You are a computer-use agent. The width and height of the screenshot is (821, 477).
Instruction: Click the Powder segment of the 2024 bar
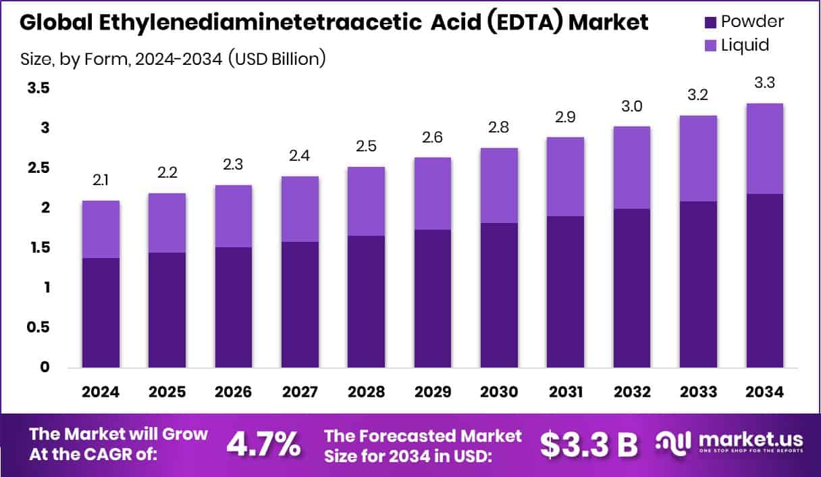coord(101,312)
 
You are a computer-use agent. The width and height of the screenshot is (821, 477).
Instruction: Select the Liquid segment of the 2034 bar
coord(764,149)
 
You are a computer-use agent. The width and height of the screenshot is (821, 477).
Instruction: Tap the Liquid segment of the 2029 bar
coord(433,193)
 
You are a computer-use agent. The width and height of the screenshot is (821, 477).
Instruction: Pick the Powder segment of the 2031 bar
coord(565,292)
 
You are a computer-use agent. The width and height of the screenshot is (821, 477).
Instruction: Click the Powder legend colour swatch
coord(710,22)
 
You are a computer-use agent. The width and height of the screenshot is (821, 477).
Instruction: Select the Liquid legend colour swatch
coord(710,45)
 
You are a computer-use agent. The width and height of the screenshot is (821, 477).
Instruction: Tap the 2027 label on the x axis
coord(300,393)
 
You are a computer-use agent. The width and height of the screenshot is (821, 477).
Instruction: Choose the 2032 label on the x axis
coord(631,393)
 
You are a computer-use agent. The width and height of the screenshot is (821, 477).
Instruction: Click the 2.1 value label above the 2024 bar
coord(101,180)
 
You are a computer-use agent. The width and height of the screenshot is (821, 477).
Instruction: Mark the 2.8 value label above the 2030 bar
coord(499,128)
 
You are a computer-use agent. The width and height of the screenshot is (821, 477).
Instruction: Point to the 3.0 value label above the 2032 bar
coord(631,106)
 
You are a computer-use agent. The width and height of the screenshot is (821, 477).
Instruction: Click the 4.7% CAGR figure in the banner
coord(263,444)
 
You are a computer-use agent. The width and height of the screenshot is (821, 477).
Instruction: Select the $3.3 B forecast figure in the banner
coord(589,444)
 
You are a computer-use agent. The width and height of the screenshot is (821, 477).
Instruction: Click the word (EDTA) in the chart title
coord(524,22)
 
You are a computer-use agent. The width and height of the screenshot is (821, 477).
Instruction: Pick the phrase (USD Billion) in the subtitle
coord(277,59)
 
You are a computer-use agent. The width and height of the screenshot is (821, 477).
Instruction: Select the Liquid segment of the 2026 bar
coord(234,216)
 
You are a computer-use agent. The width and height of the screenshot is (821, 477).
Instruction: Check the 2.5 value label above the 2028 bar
coord(366,147)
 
